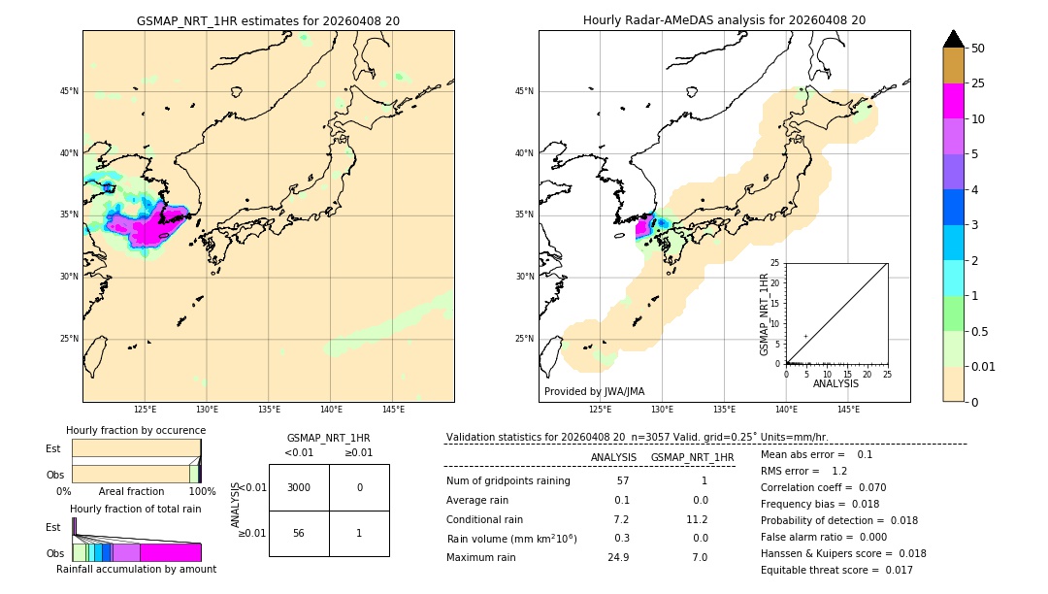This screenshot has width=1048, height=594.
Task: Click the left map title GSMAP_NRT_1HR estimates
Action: [x=268, y=20]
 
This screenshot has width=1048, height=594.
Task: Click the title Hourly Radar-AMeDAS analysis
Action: [x=724, y=20]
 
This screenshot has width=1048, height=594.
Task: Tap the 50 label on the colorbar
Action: [x=978, y=49]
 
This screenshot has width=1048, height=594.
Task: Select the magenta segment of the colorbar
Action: [x=953, y=102]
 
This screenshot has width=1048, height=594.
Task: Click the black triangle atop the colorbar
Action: [x=953, y=39]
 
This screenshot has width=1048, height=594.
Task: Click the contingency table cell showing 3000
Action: [x=299, y=487]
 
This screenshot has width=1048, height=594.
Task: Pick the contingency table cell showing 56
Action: [x=299, y=533]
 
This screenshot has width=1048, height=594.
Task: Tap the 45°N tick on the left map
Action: [x=69, y=91]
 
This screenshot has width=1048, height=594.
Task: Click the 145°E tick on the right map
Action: [x=848, y=410]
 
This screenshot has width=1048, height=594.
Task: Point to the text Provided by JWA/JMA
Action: [x=594, y=391]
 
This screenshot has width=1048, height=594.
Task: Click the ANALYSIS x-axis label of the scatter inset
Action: [x=835, y=383]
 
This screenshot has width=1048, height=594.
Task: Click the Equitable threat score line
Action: [x=835, y=570]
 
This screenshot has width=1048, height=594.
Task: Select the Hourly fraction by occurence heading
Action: [x=136, y=430]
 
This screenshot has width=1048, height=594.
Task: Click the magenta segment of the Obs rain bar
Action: [x=170, y=552]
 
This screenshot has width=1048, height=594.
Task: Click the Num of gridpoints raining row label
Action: [x=508, y=480]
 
